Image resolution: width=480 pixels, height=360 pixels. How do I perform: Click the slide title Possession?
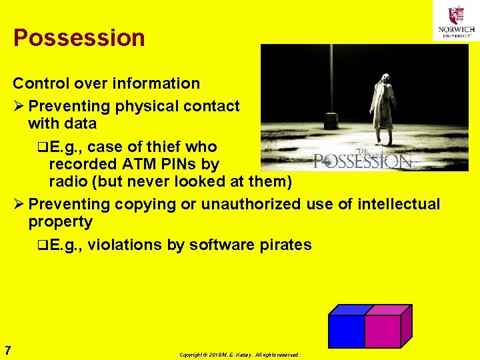coord(79,38)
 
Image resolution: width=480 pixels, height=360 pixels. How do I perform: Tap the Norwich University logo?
coord(456,21)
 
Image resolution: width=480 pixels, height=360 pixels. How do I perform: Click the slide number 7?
coord(7,350)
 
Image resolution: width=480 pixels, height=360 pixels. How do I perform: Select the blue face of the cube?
coord(345,331)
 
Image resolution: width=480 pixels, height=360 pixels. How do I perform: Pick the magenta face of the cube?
coord(381,331)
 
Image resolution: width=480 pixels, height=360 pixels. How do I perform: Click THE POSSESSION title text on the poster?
coord(363,160)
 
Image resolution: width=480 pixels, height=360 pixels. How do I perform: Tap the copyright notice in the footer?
coord(239,355)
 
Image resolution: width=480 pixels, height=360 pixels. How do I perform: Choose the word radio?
coord(69,181)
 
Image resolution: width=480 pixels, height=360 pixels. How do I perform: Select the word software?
coord(221,245)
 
